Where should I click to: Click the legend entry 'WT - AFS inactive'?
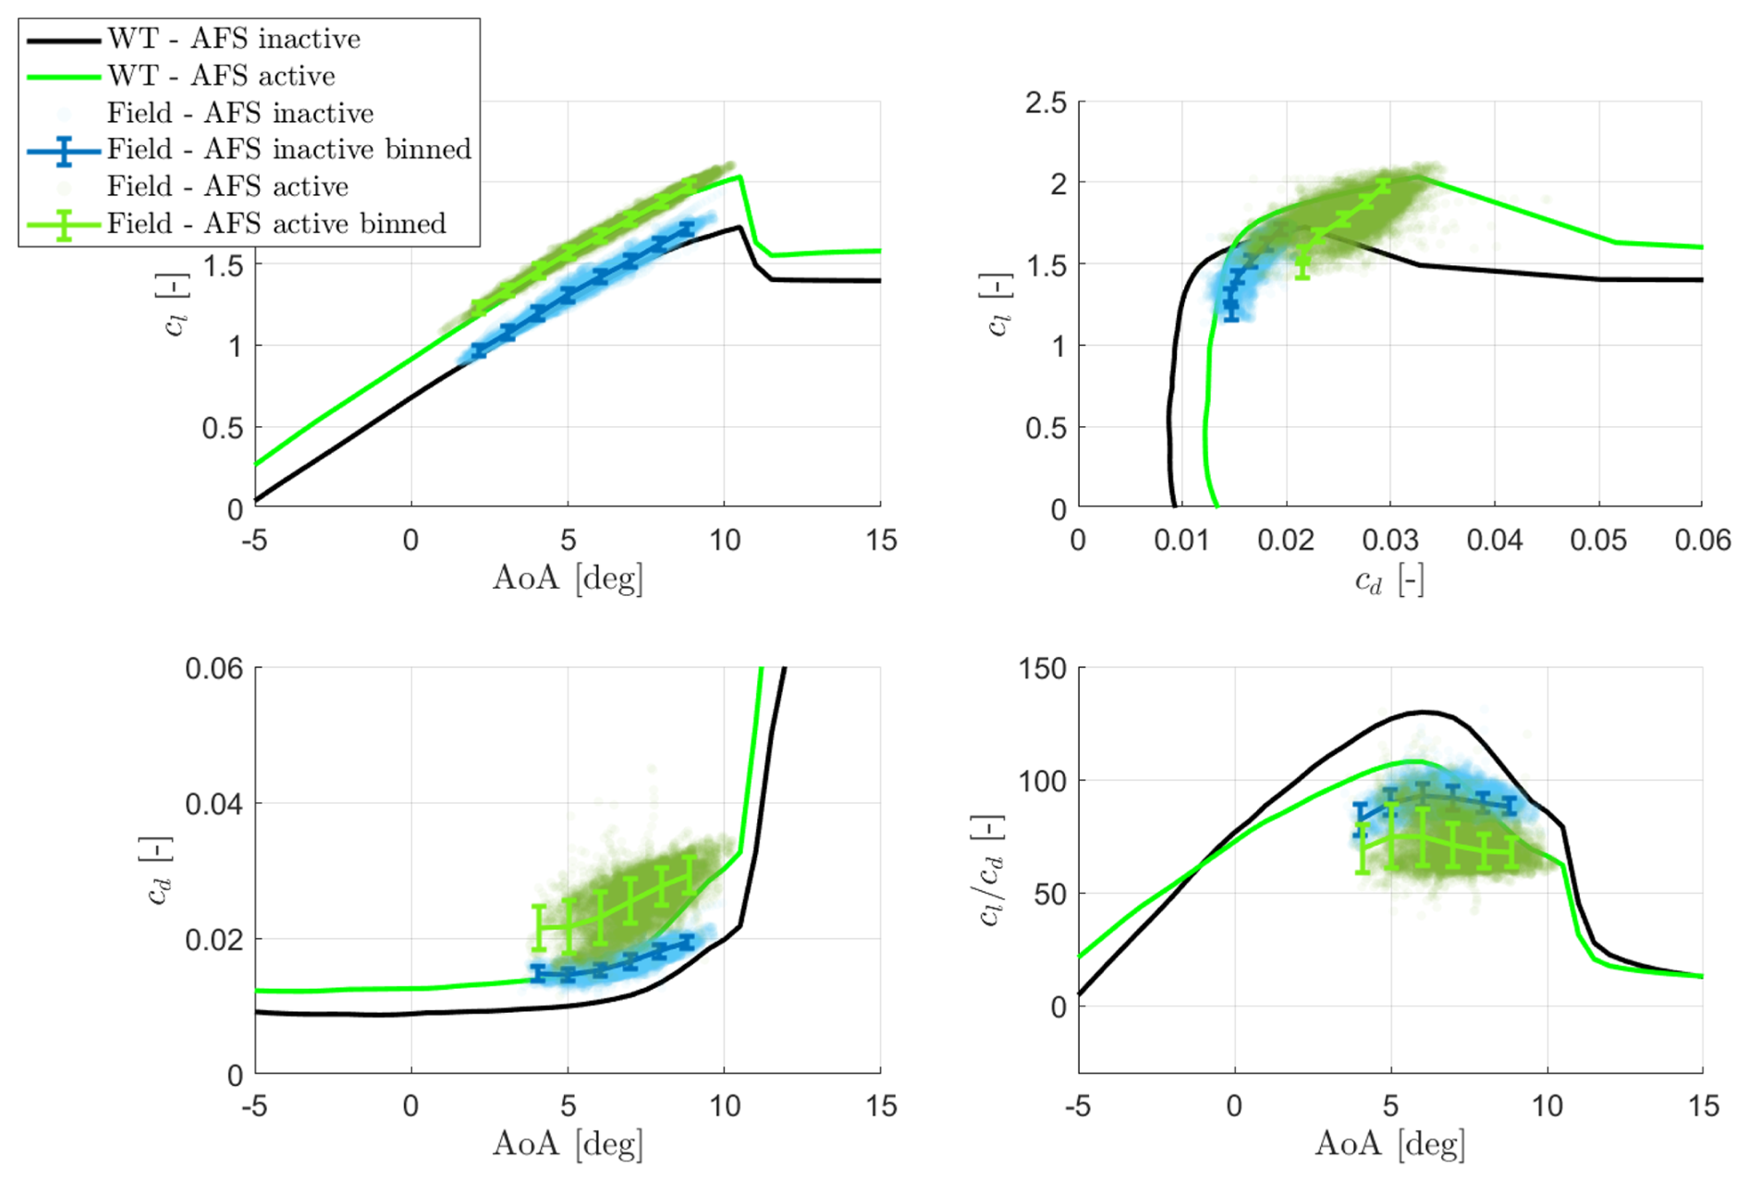[233, 39]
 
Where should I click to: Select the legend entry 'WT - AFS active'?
[220, 76]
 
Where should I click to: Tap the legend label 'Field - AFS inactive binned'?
[288, 149]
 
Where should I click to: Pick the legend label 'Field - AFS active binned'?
[275, 224]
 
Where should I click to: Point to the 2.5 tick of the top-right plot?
[1046, 103]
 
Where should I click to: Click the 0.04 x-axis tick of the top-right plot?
[1494, 541]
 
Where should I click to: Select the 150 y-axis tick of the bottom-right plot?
[1043, 668]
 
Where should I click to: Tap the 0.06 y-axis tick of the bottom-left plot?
[214, 668]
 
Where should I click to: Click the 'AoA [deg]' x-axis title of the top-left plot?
[568, 579]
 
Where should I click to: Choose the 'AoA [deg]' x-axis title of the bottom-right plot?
[1389, 1144]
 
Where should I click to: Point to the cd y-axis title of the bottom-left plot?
[158, 871]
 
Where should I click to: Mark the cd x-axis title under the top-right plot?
[1388, 580]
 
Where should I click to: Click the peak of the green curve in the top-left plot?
[740, 177]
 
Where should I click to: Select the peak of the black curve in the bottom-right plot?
[1425, 712]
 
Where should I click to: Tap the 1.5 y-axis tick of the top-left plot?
[223, 265]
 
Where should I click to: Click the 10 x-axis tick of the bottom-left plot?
[725, 1106]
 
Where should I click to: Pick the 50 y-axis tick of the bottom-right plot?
[1049, 894]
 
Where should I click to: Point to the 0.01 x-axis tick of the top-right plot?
[1181, 541]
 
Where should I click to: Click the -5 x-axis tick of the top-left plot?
[254, 541]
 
